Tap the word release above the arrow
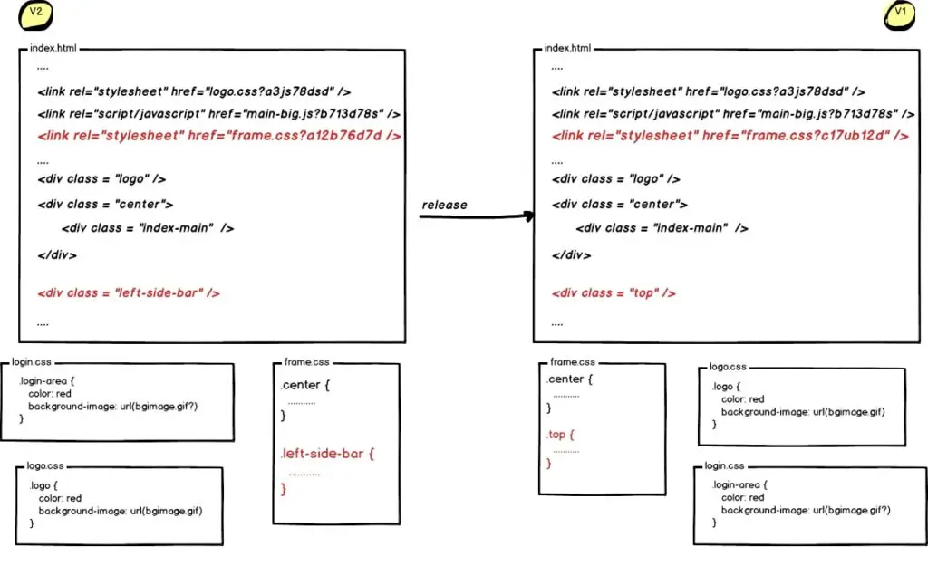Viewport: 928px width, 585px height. (x=444, y=205)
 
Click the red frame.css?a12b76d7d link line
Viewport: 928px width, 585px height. (x=218, y=136)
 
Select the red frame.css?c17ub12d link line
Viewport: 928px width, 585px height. (x=730, y=136)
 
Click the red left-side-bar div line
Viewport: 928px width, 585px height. (x=129, y=293)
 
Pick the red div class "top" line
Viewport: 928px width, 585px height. (x=614, y=293)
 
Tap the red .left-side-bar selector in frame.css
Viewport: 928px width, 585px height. (x=326, y=453)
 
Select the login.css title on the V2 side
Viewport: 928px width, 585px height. (x=32, y=361)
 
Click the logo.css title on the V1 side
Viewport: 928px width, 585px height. (x=728, y=367)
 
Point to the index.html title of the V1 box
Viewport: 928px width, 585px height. (x=567, y=47)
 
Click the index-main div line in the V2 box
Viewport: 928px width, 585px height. (x=148, y=228)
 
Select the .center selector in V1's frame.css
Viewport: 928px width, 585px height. (x=570, y=379)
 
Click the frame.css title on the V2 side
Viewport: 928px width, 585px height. (x=300, y=360)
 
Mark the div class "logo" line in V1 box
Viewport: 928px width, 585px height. (x=615, y=179)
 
